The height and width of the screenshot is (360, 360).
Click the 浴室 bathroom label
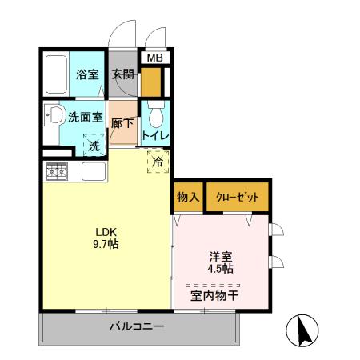[x=86, y=75]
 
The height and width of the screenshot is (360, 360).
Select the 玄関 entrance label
[x=123, y=75]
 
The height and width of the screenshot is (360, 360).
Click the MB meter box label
[x=154, y=58]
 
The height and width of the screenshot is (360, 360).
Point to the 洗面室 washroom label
[x=86, y=116]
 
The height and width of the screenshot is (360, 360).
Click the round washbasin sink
[x=55, y=116]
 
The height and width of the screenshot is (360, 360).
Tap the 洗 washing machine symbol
[x=94, y=146]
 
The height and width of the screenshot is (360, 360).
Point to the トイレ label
[x=154, y=134]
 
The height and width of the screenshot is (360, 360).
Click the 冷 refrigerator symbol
[x=158, y=161]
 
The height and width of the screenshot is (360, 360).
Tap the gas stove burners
[x=57, y=171]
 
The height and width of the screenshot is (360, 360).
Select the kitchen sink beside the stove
[x=91, y=171]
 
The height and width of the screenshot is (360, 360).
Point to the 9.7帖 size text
[x=106, y=246]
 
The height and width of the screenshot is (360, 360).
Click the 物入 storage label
[x=187, y=197]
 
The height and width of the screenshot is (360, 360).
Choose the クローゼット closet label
[x=236, y=197]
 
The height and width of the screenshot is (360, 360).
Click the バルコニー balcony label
[x=137, y=327]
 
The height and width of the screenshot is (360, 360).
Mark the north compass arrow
[x=303, y=330]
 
